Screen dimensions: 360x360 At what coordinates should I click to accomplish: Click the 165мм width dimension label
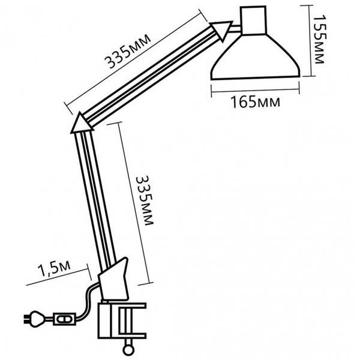(x=256, y=102)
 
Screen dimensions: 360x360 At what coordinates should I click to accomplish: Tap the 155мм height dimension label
(x=319, y=39)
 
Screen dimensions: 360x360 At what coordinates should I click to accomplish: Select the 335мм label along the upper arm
(x=128, y=52)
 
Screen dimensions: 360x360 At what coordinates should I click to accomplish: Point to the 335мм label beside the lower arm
(x=145, y=200)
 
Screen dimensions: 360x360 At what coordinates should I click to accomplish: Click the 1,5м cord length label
(x=55, y=268)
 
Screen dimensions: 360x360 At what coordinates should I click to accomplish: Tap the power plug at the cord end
(x=34, y=319)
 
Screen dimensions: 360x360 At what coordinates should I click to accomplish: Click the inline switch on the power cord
(x=65, y=319)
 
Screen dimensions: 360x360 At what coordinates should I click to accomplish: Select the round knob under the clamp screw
(x=128, y=350)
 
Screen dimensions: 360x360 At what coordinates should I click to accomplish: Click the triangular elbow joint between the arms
(x=82, y=123)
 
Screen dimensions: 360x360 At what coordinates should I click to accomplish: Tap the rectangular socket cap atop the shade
(x=253, y=20)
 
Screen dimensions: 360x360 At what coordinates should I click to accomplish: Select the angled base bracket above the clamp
(x=113, y=279)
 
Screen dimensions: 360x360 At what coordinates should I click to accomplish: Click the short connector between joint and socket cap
(x=236, y=28)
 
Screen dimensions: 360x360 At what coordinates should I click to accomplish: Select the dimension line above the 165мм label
(x=255, y=89)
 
